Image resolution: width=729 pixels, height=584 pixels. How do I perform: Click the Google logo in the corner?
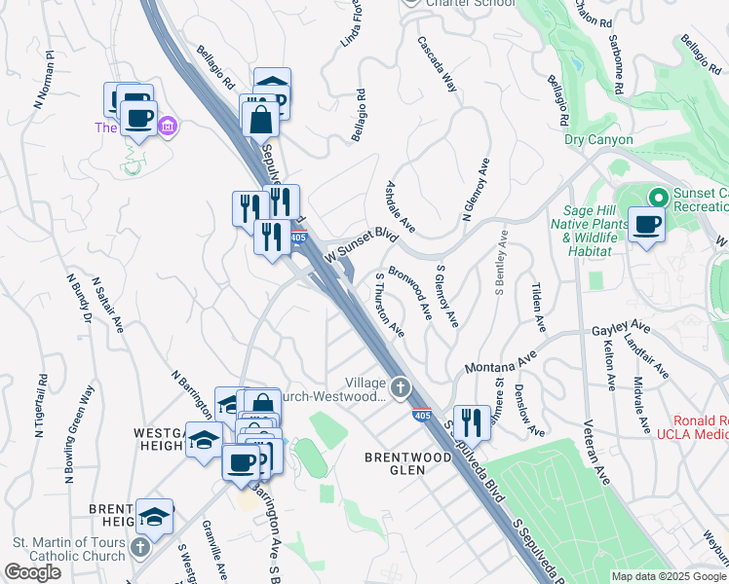[x=32, y=572]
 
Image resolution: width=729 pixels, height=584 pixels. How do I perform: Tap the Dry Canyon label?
[x=598, y=139]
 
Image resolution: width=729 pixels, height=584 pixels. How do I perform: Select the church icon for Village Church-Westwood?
[x=400, y=389]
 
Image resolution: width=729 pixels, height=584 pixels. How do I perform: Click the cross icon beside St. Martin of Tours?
[x=139, y=545]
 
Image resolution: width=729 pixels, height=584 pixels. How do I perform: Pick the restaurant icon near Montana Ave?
[x=472, y=422]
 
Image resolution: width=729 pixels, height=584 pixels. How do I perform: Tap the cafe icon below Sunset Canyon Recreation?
[x=646, y=226]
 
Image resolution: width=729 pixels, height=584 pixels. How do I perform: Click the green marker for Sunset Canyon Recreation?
[x=657, y=198]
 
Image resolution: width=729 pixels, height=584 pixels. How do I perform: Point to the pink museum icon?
[x=168, y=126]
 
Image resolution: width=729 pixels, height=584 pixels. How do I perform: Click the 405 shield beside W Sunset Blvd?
[x=299, y=237]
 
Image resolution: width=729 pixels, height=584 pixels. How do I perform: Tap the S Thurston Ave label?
[x=390, y=305]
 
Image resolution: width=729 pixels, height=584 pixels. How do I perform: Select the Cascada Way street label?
[x=437, y=64]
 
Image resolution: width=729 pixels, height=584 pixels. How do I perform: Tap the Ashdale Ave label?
[x=401, y=206]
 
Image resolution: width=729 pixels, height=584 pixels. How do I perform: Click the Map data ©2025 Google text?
[x=668, y=576]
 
